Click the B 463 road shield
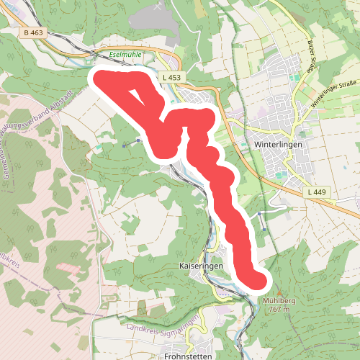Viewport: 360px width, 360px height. point(32,32)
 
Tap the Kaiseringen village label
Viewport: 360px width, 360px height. point(199,266)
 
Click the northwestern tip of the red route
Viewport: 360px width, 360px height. point(101,78)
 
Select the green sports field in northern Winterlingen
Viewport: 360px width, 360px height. point(294,76)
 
